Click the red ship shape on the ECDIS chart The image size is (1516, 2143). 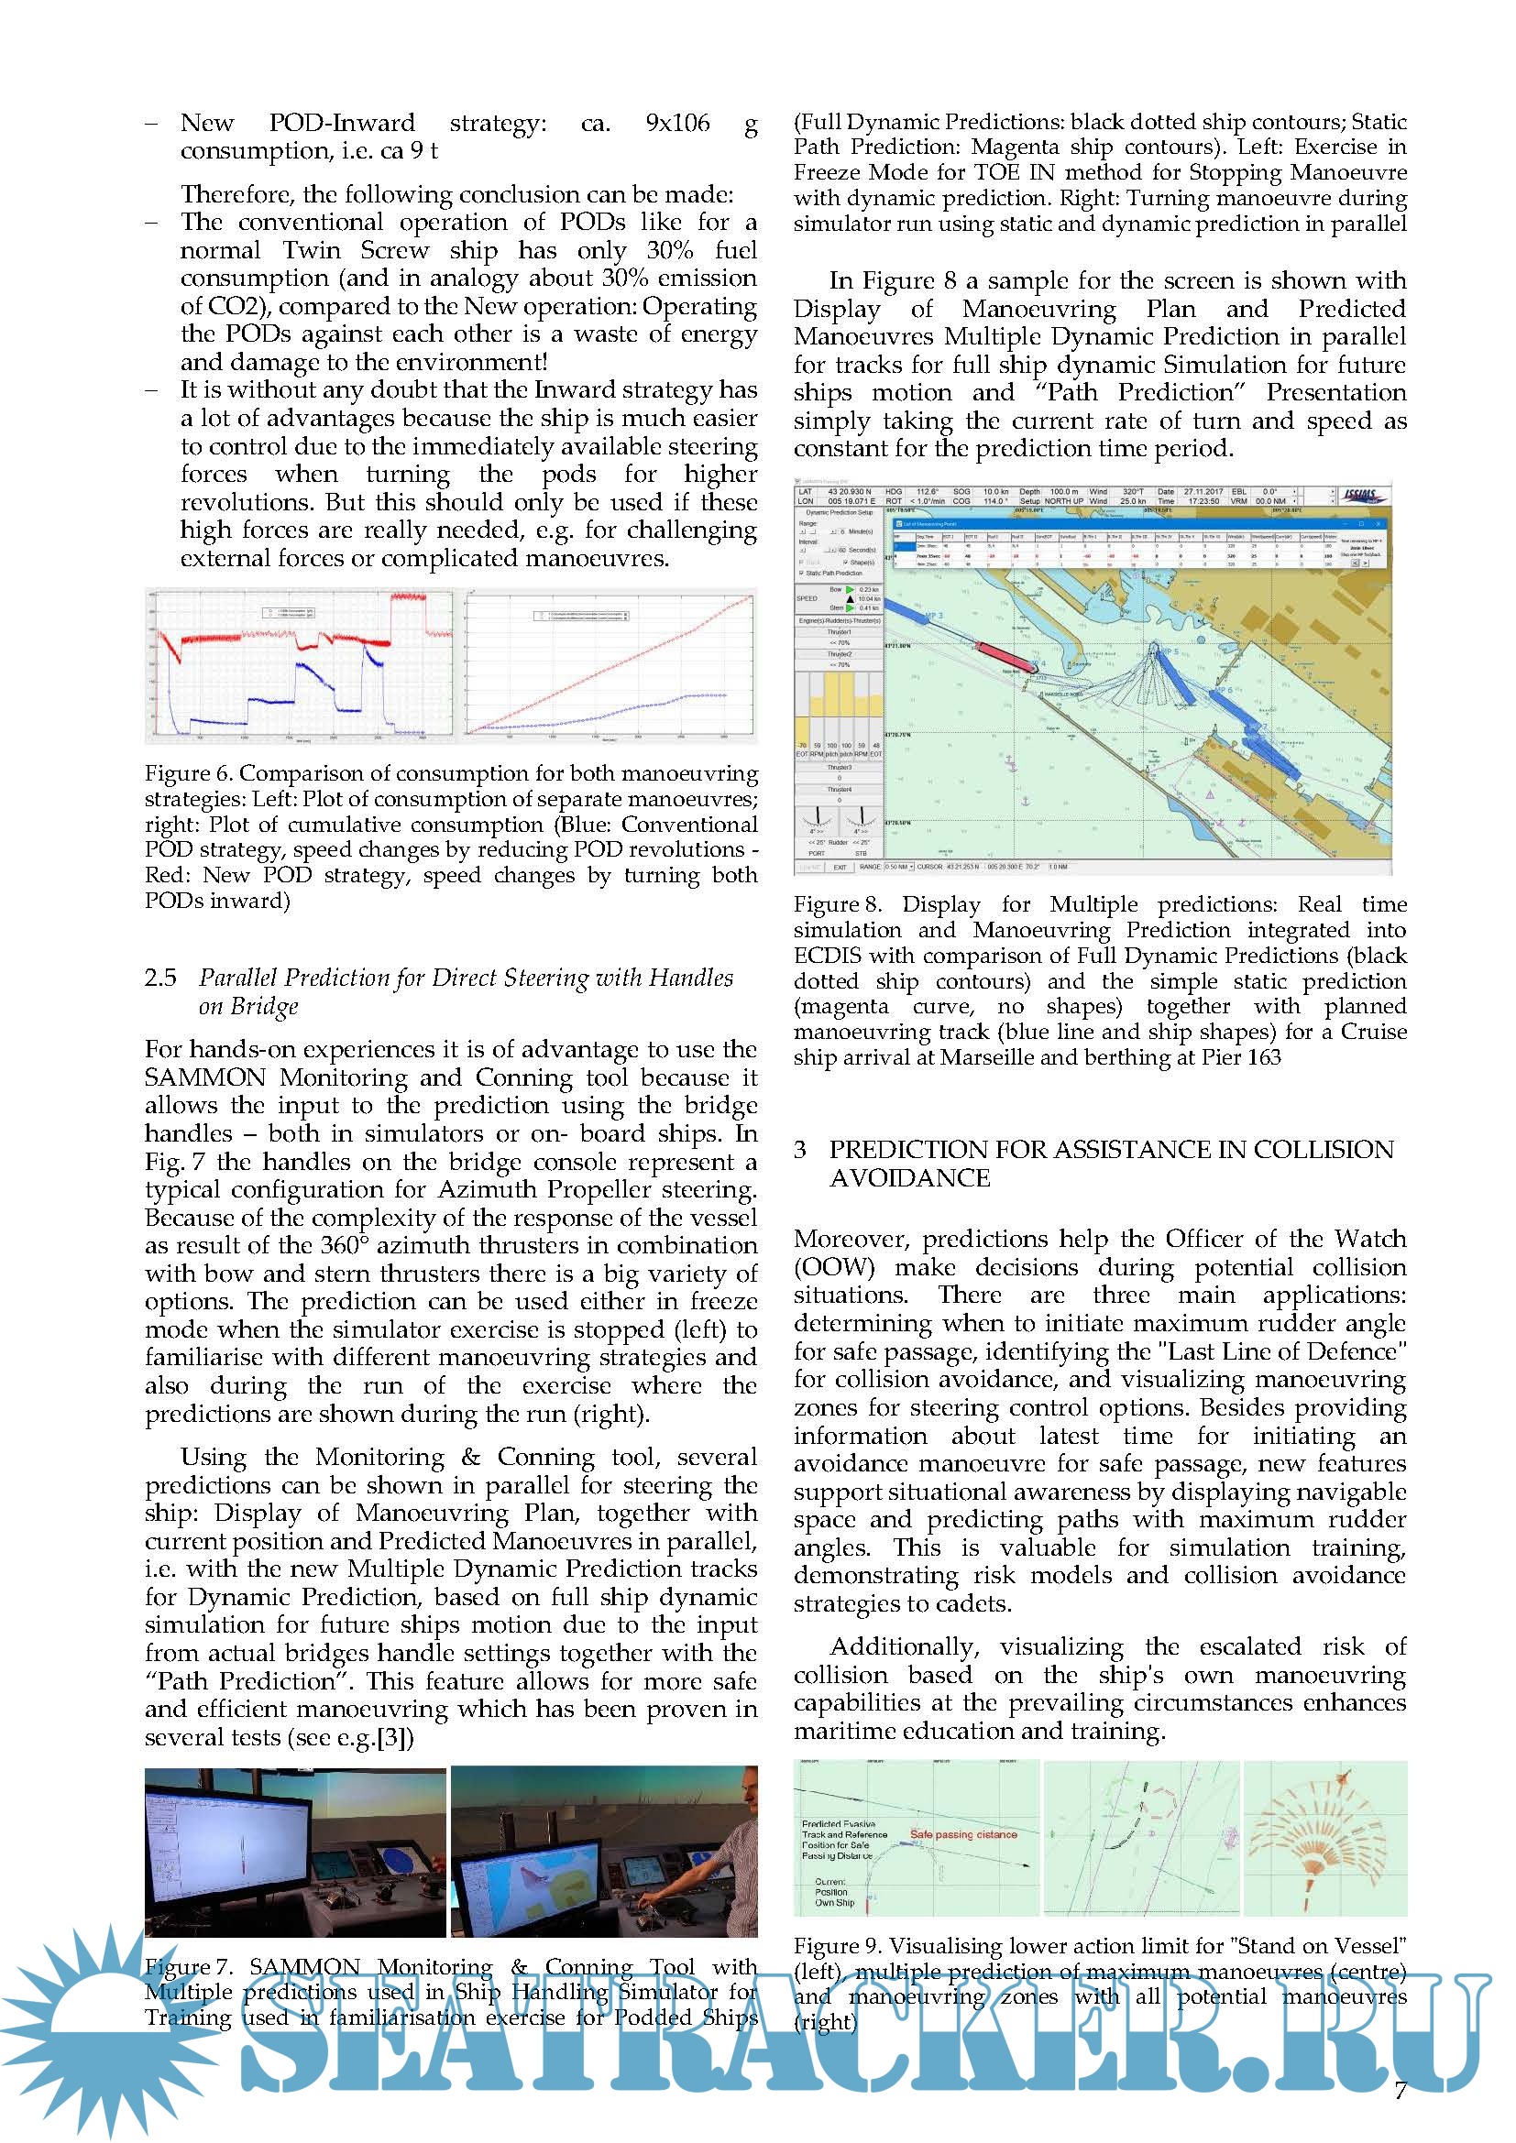[x=1005, y=655]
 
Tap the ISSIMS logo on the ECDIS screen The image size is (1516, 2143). [x=1362, y=496]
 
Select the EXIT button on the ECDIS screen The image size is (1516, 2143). [x=840, y=867]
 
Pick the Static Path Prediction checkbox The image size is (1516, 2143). [x=802, y=573]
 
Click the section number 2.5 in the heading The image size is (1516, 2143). [x=160, y=979]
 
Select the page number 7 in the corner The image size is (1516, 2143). [x=1400, y=2090]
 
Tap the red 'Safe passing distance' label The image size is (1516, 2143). [x=963, y=1834]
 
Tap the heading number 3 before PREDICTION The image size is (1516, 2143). [x=800, y=1150]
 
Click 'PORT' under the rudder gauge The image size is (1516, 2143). [x=817, y=853]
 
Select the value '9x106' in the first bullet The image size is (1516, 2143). [x=676, y=123]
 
